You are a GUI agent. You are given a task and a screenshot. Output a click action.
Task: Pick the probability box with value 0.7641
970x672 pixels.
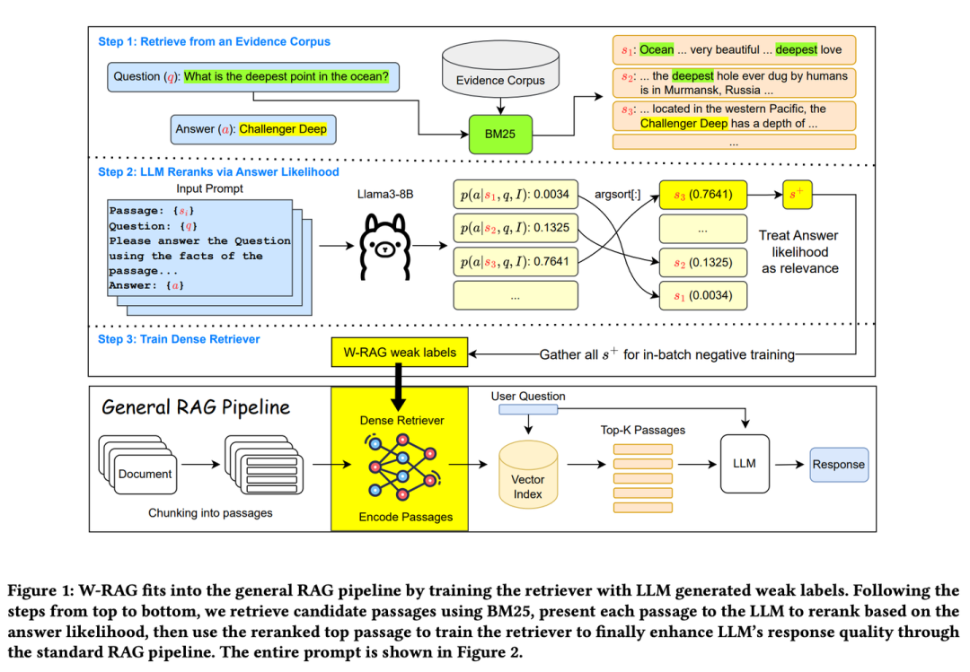(513, 262)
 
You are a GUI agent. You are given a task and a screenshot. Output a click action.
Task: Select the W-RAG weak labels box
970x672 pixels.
(400, 353)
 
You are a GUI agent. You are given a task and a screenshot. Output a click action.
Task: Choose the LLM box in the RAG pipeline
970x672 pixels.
(744, 463)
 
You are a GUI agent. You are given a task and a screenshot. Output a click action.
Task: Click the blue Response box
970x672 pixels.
(838, 464)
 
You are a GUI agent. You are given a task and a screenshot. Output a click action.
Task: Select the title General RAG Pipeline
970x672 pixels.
(196, 406)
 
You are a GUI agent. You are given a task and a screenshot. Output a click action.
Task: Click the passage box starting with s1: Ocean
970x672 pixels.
(734, 50)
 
